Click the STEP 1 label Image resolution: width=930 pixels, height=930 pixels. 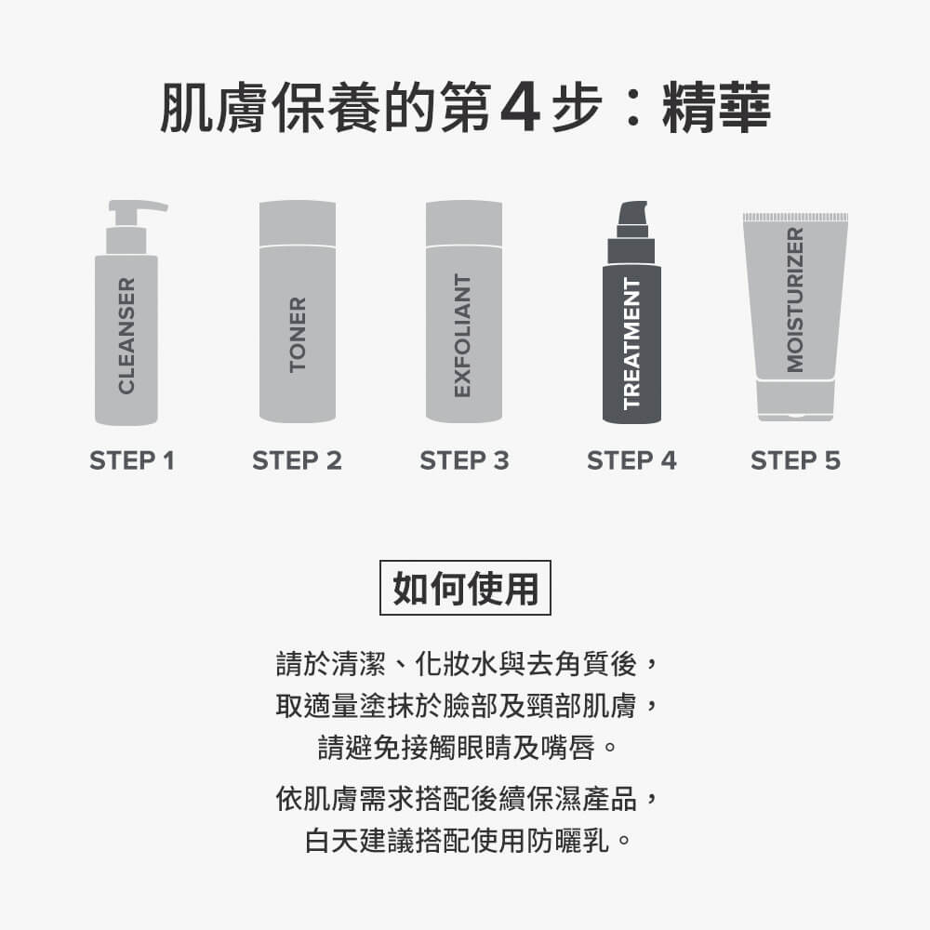click(x=131, y=460)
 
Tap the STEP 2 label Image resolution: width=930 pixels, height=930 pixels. click(x=297, y=460)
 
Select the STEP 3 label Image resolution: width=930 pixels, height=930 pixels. click(x=464, y=460)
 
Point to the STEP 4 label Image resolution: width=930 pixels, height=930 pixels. click(x=631, y=460)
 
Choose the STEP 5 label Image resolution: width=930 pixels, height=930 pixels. click(x=795, y=460)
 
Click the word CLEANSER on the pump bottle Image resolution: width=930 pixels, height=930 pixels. click(x=127, y=334)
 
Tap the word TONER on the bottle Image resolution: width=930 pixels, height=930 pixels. click(x=298, y=335)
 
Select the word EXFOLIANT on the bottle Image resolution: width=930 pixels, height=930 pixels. click(x=463, y=335)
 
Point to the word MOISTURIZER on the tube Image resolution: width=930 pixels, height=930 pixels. click(x=795, y=299)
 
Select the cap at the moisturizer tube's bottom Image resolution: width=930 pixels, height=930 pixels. click(x=795, y=402)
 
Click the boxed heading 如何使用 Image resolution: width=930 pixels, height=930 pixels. click(x=465, y=588)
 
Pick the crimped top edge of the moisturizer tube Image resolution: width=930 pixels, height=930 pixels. click(x=795, y=217)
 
